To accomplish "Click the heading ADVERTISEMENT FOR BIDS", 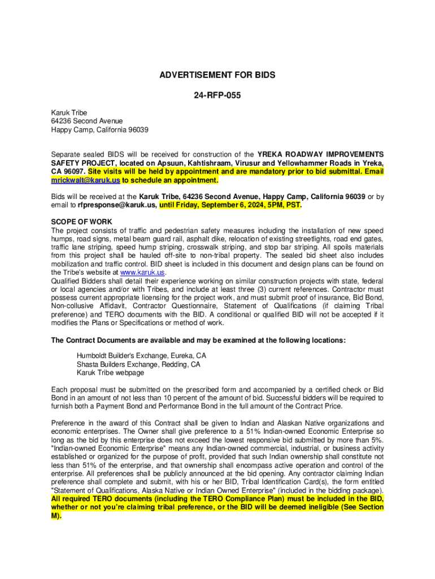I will click(217, 75).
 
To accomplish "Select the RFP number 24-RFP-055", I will click(217, 96).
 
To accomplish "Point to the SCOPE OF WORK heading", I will click(81, 222).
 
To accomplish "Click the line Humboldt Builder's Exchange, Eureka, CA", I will click(141, 356).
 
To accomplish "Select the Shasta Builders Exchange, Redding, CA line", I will click(138, 365).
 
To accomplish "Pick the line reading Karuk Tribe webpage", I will click(110, 373).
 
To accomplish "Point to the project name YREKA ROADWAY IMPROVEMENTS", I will click(321, 154).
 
